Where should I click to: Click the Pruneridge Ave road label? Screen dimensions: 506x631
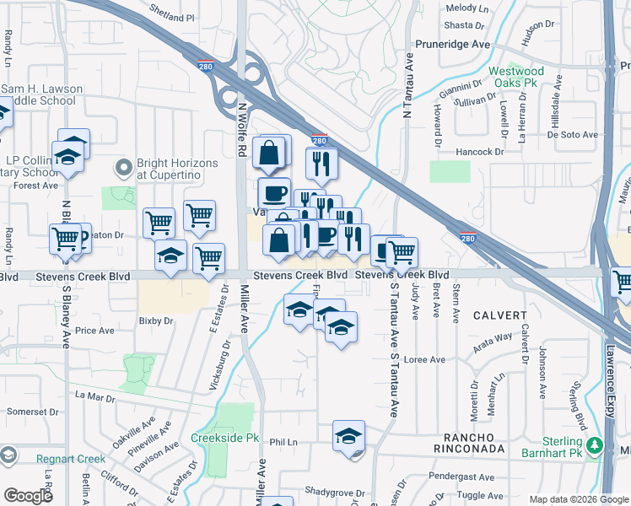pos(452,44)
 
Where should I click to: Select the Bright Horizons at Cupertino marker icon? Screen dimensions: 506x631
pos(124,169)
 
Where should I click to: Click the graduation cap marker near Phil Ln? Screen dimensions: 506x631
pos(348,436)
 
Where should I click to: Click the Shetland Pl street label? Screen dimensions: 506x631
pos(172,17)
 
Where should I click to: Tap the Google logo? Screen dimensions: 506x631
pos(29,496)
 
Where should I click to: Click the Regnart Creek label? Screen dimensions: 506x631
pos(71,459)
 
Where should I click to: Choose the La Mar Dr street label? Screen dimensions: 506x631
pos(94,395)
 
